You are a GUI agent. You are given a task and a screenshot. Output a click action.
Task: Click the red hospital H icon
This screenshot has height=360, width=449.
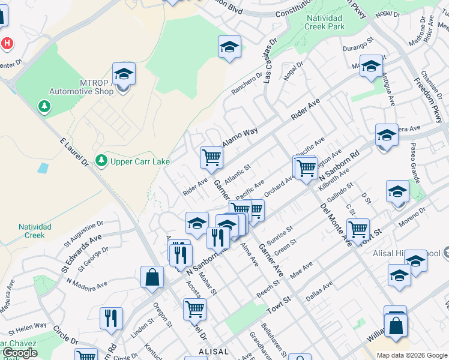click(x=7, y=44)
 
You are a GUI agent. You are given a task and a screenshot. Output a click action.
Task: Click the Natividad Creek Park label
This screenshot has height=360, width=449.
click(x=324, y=22)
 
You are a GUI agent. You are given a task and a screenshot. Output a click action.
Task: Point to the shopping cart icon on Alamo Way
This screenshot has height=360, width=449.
click(x=211, y=157)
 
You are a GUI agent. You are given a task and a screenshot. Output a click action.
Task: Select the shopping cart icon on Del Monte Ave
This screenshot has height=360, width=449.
click(x=358, y=229)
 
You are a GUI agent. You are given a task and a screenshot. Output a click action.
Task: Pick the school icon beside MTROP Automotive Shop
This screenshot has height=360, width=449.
click(x=124, y=74)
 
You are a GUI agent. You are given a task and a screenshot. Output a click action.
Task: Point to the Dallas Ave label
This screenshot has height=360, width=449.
click(x=319, y=292)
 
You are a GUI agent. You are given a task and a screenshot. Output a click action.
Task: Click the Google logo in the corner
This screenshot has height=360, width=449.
click(x=19, y=353)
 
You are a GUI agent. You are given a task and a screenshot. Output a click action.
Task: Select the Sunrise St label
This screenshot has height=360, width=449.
click(x=280, y=233)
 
